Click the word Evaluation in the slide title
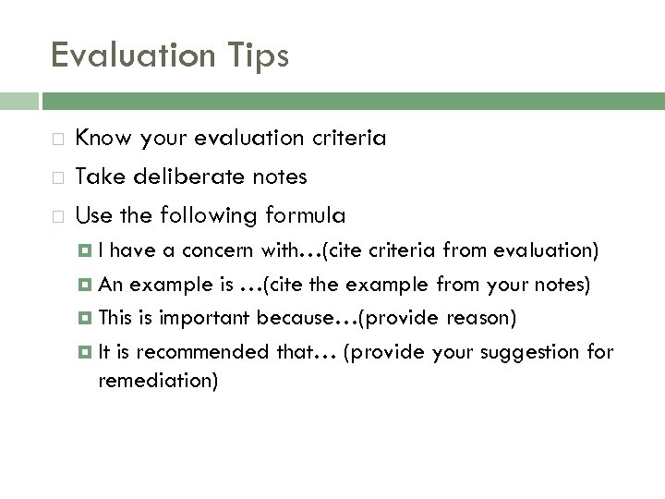click(x=127, y=55)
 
